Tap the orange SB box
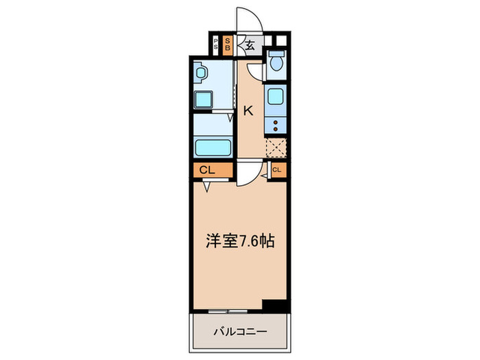[x=228, y=47]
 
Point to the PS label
[x=217, y=47]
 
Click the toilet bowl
[x=276, y=64]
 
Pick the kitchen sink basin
[x=276, y=97]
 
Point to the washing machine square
[x=204, y=100]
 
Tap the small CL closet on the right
[x=277, y=170]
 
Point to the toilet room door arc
[x=255, y=72]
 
